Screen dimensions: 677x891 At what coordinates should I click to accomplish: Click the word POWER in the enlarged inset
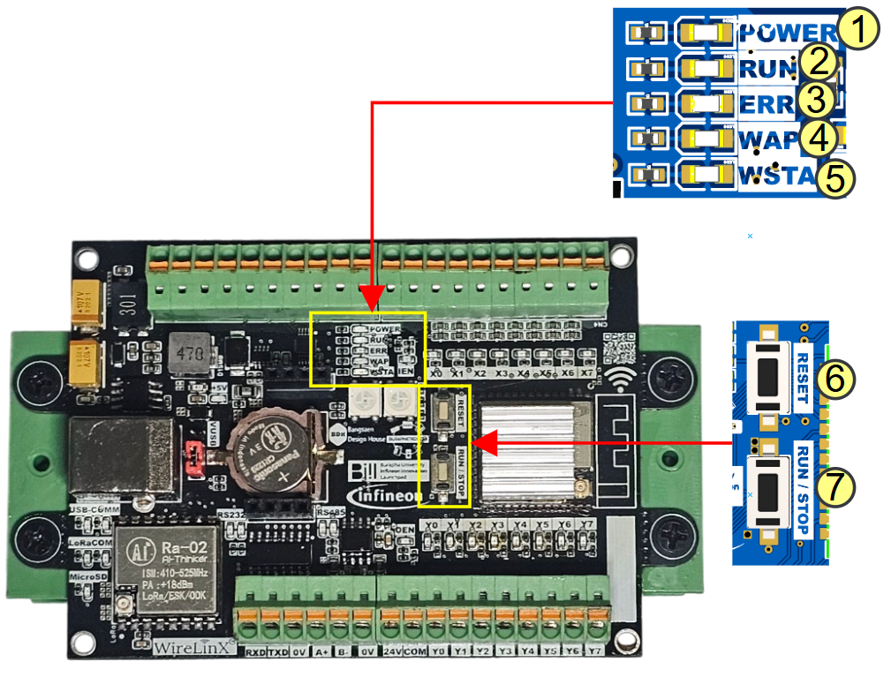pos(782,33)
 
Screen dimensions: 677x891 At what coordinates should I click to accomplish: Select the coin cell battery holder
pos(281,450)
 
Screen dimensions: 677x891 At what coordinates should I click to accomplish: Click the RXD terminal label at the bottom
pos(254,653)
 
